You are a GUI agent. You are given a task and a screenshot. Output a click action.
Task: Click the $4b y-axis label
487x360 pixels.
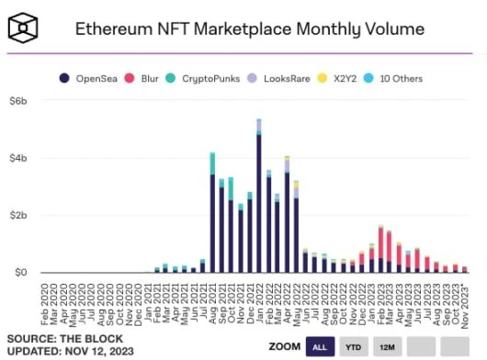coord(18,158)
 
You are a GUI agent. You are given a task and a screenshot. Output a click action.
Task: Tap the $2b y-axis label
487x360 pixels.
coord(18,215)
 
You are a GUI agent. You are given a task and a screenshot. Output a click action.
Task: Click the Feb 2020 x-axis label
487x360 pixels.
coord(45,296)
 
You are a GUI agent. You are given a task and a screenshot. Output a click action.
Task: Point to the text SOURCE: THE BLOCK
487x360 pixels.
coord(55,337)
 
